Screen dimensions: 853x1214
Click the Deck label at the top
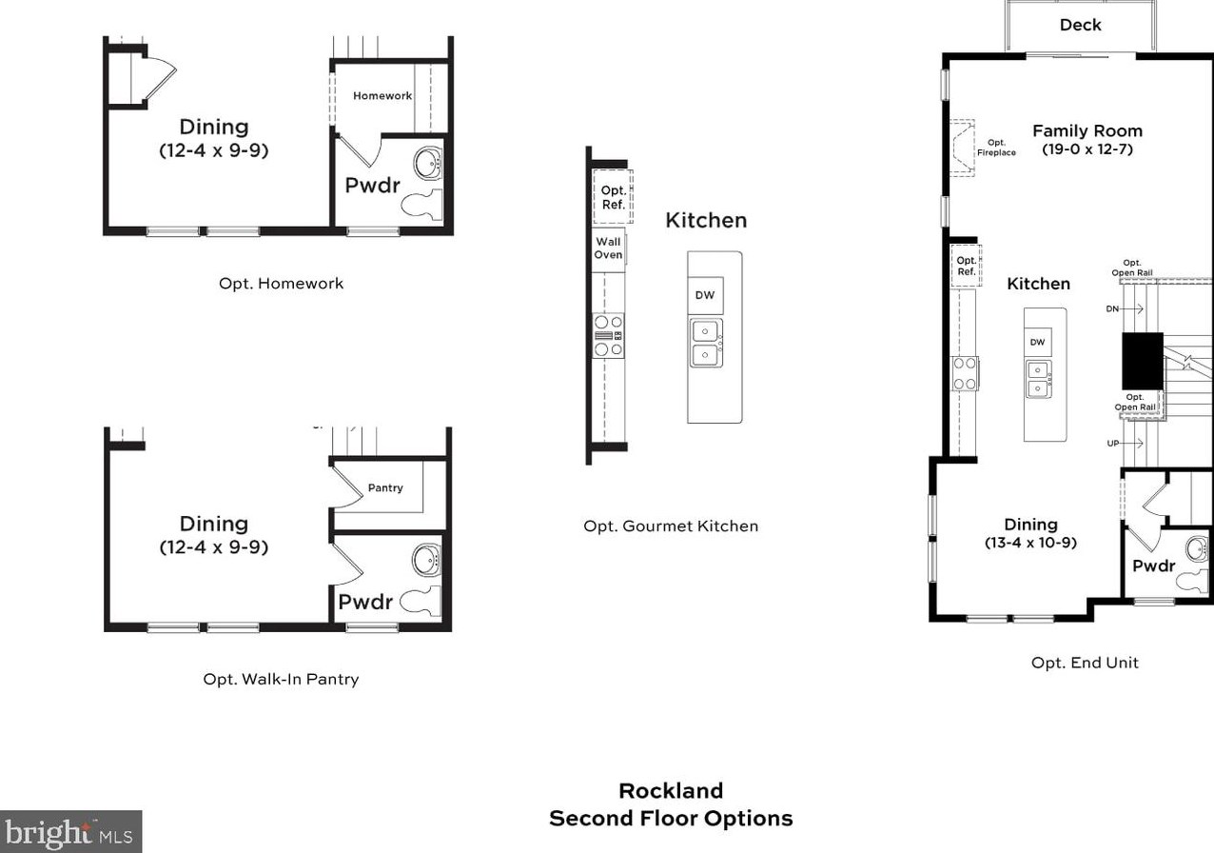click(1080, 25)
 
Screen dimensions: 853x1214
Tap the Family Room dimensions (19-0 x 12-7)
click(1087, 149)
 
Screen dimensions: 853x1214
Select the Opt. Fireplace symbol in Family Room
click(962, 148)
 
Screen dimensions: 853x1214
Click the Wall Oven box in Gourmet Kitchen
click(608, 249)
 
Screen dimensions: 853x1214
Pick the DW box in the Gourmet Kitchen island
click(704, 295)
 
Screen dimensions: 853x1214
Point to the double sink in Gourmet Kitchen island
click(705, 343)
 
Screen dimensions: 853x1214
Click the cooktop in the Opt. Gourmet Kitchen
click(609, 336)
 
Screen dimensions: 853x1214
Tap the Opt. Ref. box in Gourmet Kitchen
click(613, 197)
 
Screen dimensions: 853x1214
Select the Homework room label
click(382, 96)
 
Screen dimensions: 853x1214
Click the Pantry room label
click(385, 488)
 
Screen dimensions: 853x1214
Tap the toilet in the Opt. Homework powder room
click(422, 204)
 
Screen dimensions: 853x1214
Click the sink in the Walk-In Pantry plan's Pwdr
click(427, 559)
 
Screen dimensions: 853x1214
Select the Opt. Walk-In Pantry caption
click(281, 680)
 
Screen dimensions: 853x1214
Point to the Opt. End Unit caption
click(1085, 663)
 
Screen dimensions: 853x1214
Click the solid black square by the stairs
click(1142, 361)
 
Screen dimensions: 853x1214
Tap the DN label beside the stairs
click(1112, 309)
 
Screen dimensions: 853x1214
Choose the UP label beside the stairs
click(1112, 444)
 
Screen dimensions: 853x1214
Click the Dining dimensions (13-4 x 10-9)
click(1030, 544)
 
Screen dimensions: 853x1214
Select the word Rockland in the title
click(670, 791)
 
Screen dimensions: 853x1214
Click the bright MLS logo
click(70, 832)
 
